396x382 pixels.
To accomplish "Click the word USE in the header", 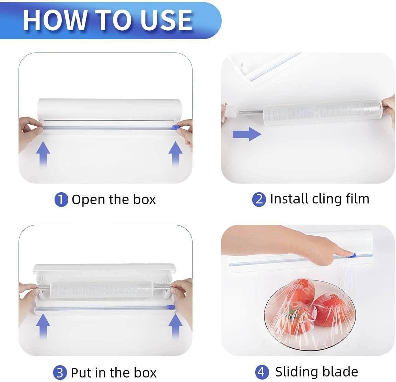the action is click(x=166, y=20).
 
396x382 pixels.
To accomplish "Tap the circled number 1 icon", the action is click(x=61, y=199).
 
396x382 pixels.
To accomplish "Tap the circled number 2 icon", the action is click(x=259, y=199).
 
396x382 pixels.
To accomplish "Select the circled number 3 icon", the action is click(x=60, y=373).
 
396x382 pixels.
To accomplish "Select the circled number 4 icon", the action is click(x=261, y=372).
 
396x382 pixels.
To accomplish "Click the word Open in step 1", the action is click(x=88, y=200).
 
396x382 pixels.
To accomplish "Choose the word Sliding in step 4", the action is click(x=293, y=372).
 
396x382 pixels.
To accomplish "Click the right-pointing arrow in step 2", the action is click(x=247, y=134).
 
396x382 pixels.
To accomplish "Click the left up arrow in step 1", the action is click(x=43, y=154).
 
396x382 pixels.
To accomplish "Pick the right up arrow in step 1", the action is click(x=175, y=154).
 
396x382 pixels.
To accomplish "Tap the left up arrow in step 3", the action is click(x=43, y=326).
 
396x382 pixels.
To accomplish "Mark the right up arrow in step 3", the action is click(x=175, y=326).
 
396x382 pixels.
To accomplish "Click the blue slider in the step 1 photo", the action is click(x=175, y=127).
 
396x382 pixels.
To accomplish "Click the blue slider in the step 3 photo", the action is click(x=171, y=307).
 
